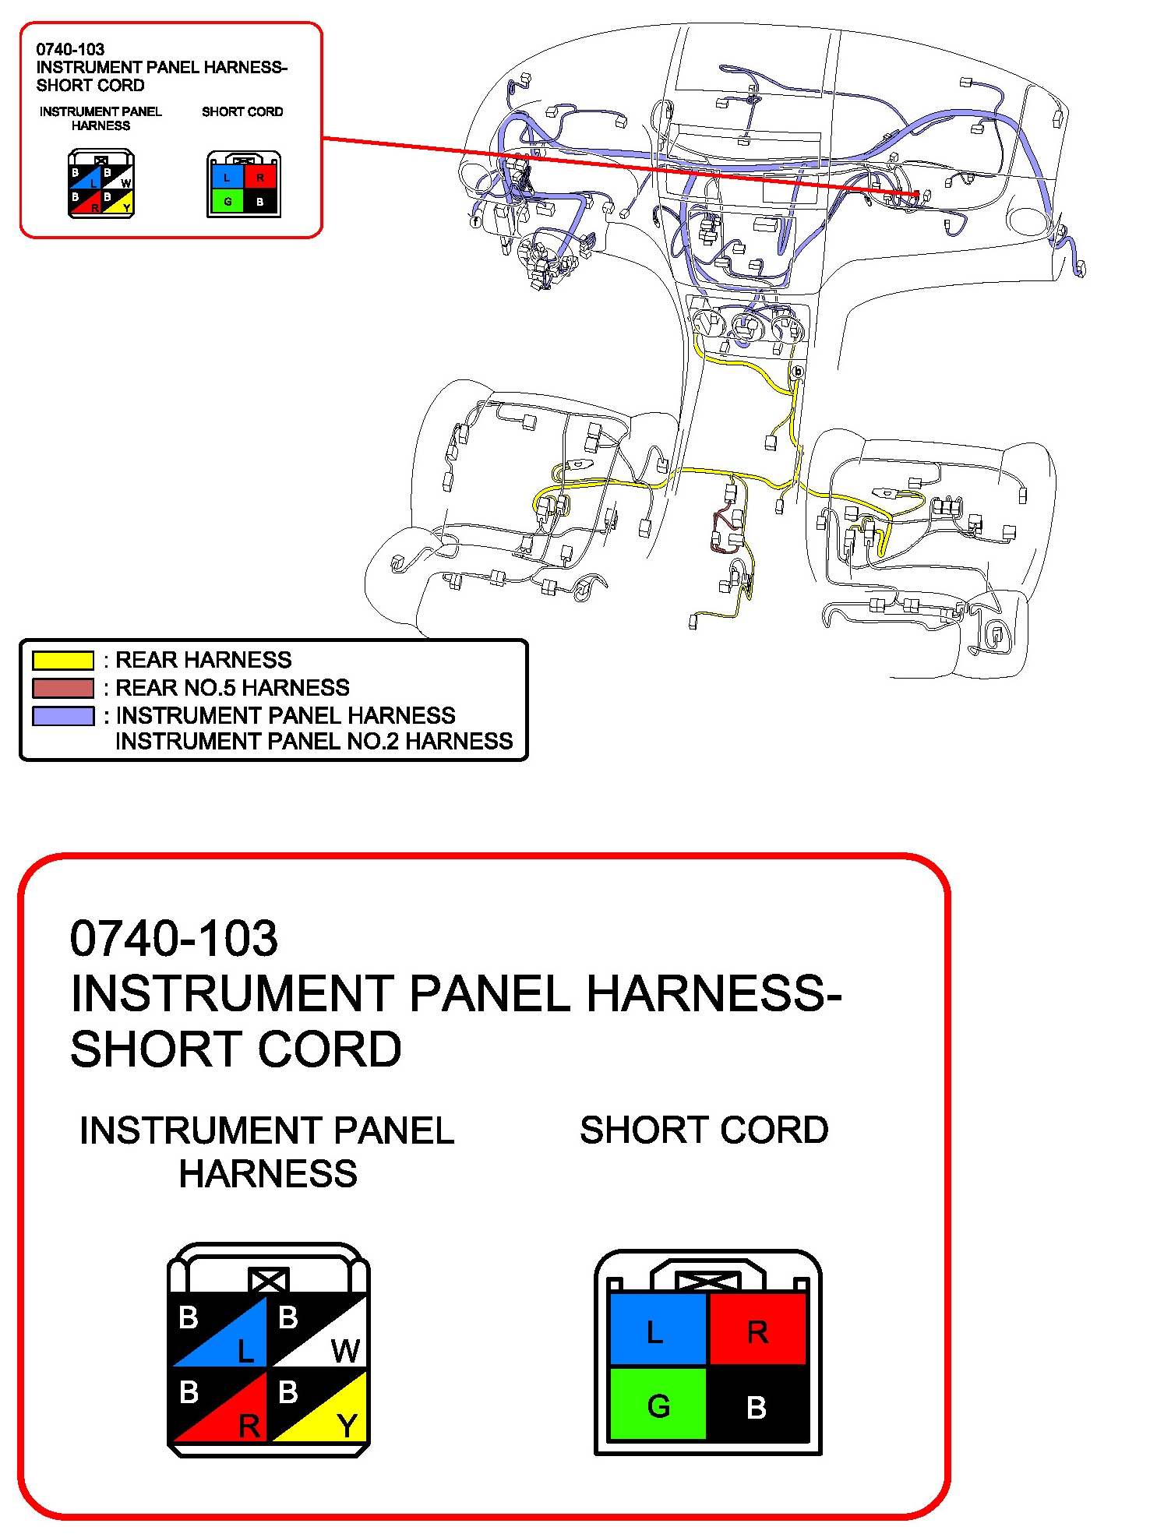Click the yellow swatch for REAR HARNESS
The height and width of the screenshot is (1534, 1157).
pos(62,661)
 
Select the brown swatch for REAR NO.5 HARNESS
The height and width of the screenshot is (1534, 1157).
pos(62,688)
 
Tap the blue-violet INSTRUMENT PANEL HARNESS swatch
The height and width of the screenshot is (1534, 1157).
pos(62,715)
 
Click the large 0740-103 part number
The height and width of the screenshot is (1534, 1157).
pos(173,938)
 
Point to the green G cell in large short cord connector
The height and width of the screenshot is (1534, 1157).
pos(658,1405)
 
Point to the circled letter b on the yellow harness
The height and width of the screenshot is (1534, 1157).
pos(796,372)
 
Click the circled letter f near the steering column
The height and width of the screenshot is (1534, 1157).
pos(475,221)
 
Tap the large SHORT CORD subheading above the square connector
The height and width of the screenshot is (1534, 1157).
pos(704,1130)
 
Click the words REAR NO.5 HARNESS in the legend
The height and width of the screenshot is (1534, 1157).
pos(232,688)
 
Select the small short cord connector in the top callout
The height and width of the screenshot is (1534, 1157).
pos(243,185)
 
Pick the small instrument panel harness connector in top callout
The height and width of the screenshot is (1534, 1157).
pos(101,185)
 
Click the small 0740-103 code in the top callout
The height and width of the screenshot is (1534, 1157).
pos(70,49)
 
